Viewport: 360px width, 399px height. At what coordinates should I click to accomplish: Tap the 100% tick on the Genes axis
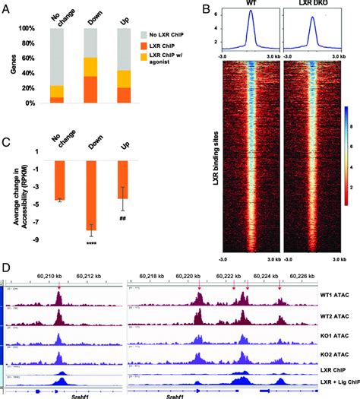33,29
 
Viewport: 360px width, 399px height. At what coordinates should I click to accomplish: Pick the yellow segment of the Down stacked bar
89,67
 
